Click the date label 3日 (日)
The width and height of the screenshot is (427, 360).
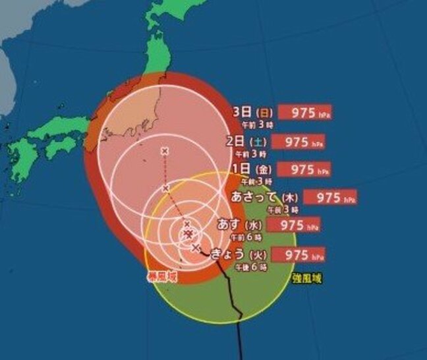click(253, 111)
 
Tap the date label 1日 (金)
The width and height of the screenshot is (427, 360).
click(254, 169)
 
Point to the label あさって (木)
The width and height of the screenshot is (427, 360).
click(266, 197)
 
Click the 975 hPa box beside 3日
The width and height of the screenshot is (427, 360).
click(304, 111)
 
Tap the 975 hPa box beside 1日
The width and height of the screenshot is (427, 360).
click(304, 169)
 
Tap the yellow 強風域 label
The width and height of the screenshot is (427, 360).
click(309, 278)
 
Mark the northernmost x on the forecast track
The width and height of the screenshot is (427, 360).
click(164, 152)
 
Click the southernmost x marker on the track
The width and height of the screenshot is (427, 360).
click(196, 248)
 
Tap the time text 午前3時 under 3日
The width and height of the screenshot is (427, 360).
click(252, 123)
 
